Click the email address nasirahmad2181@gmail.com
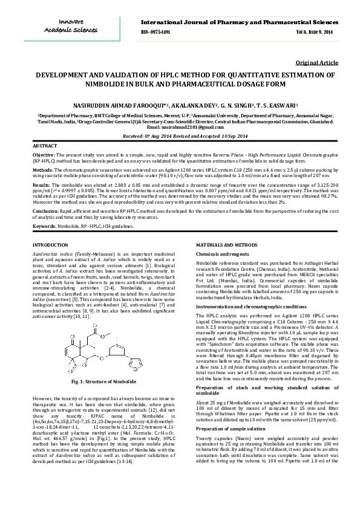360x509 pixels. coord(190,128)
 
